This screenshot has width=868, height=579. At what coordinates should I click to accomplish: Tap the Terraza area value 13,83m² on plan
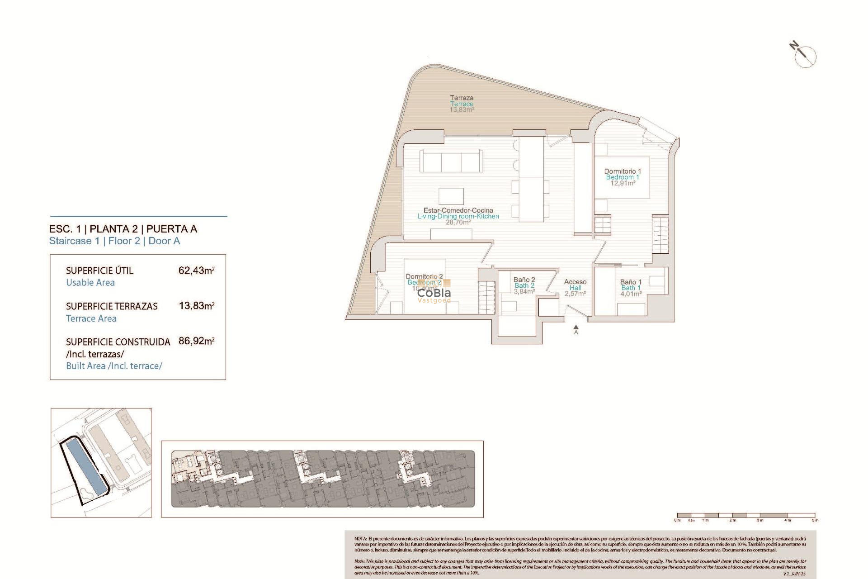click(x=462, y=110)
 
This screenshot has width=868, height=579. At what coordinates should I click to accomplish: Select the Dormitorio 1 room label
click(x=622, y=171)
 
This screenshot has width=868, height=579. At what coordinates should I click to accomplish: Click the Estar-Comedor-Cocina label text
click(x=458, y=210)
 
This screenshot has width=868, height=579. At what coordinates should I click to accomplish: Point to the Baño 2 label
click(x=524, y=280)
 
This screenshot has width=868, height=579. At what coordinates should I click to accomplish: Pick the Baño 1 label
click(x=631, y=282)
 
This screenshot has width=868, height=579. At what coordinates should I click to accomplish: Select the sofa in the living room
click(x=450, y=161)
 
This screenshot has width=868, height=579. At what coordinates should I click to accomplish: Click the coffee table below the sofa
click(x=451, y=196)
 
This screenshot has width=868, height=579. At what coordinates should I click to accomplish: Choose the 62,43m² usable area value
click(x=196, y=271)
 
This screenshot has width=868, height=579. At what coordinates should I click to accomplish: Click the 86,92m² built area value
click(x=196, y=341)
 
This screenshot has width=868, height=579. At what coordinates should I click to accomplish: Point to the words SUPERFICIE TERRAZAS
click(x=112, y=306)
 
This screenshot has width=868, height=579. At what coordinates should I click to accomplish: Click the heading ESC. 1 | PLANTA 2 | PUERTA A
click(x=123, y=229)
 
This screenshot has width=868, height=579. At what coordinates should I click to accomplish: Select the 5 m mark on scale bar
click(x=815, y=520)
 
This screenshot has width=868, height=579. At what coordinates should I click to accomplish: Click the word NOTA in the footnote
click(x=360, y=539)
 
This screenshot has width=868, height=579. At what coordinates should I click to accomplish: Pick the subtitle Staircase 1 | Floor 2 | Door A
click(x=114, y=241)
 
